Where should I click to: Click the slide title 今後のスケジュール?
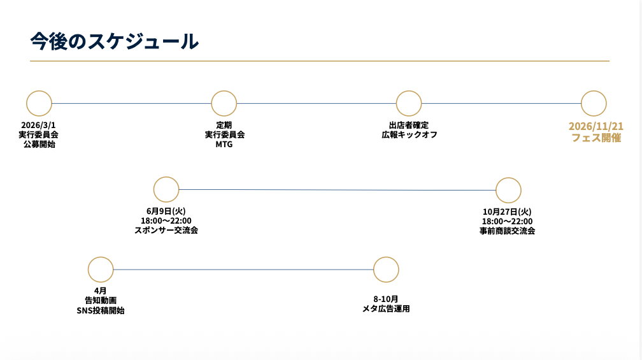pos(115,41)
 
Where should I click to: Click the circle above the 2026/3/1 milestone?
pos(39,103)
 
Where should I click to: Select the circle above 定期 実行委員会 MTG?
pos(224,103)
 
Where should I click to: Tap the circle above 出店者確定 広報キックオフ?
pos(409,103)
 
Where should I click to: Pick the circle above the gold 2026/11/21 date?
pos(594,103)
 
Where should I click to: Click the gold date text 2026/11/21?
pos(596,126)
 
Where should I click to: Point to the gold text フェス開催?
pos(596,137)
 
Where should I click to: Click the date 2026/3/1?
pos(39,126)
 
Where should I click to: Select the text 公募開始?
pos(39,144)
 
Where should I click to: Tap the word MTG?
pos(224,144)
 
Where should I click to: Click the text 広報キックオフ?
pos(409,135)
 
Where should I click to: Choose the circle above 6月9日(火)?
pos(166,190)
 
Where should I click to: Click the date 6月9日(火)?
pos(166,212)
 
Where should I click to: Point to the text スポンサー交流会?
pos(166,230)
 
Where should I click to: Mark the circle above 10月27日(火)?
pos(508,190)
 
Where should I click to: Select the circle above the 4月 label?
pos(101,270)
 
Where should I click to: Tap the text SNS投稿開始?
pos(100,310)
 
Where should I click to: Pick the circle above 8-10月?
pos(386,270)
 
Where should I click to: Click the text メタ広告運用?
pos(385,308)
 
